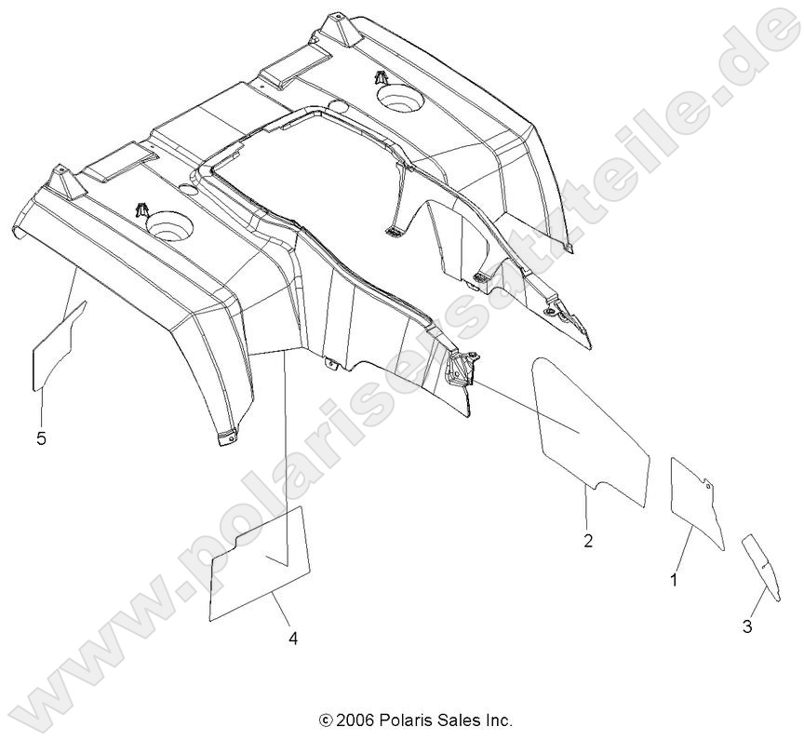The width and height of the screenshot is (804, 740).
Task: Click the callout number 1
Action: click(674, 579)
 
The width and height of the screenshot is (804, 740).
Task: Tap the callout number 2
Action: click(588, 541)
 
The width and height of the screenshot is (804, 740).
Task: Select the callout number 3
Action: click(747, 626)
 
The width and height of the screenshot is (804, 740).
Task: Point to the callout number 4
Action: click(292, 639)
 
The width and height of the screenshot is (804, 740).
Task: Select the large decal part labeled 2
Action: click(586, 424)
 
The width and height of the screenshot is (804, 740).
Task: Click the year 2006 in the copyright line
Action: click(354, 720)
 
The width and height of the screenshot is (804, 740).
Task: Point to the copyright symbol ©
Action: click(325, 720)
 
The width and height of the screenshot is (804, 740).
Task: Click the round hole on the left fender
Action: click(167, 224)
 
